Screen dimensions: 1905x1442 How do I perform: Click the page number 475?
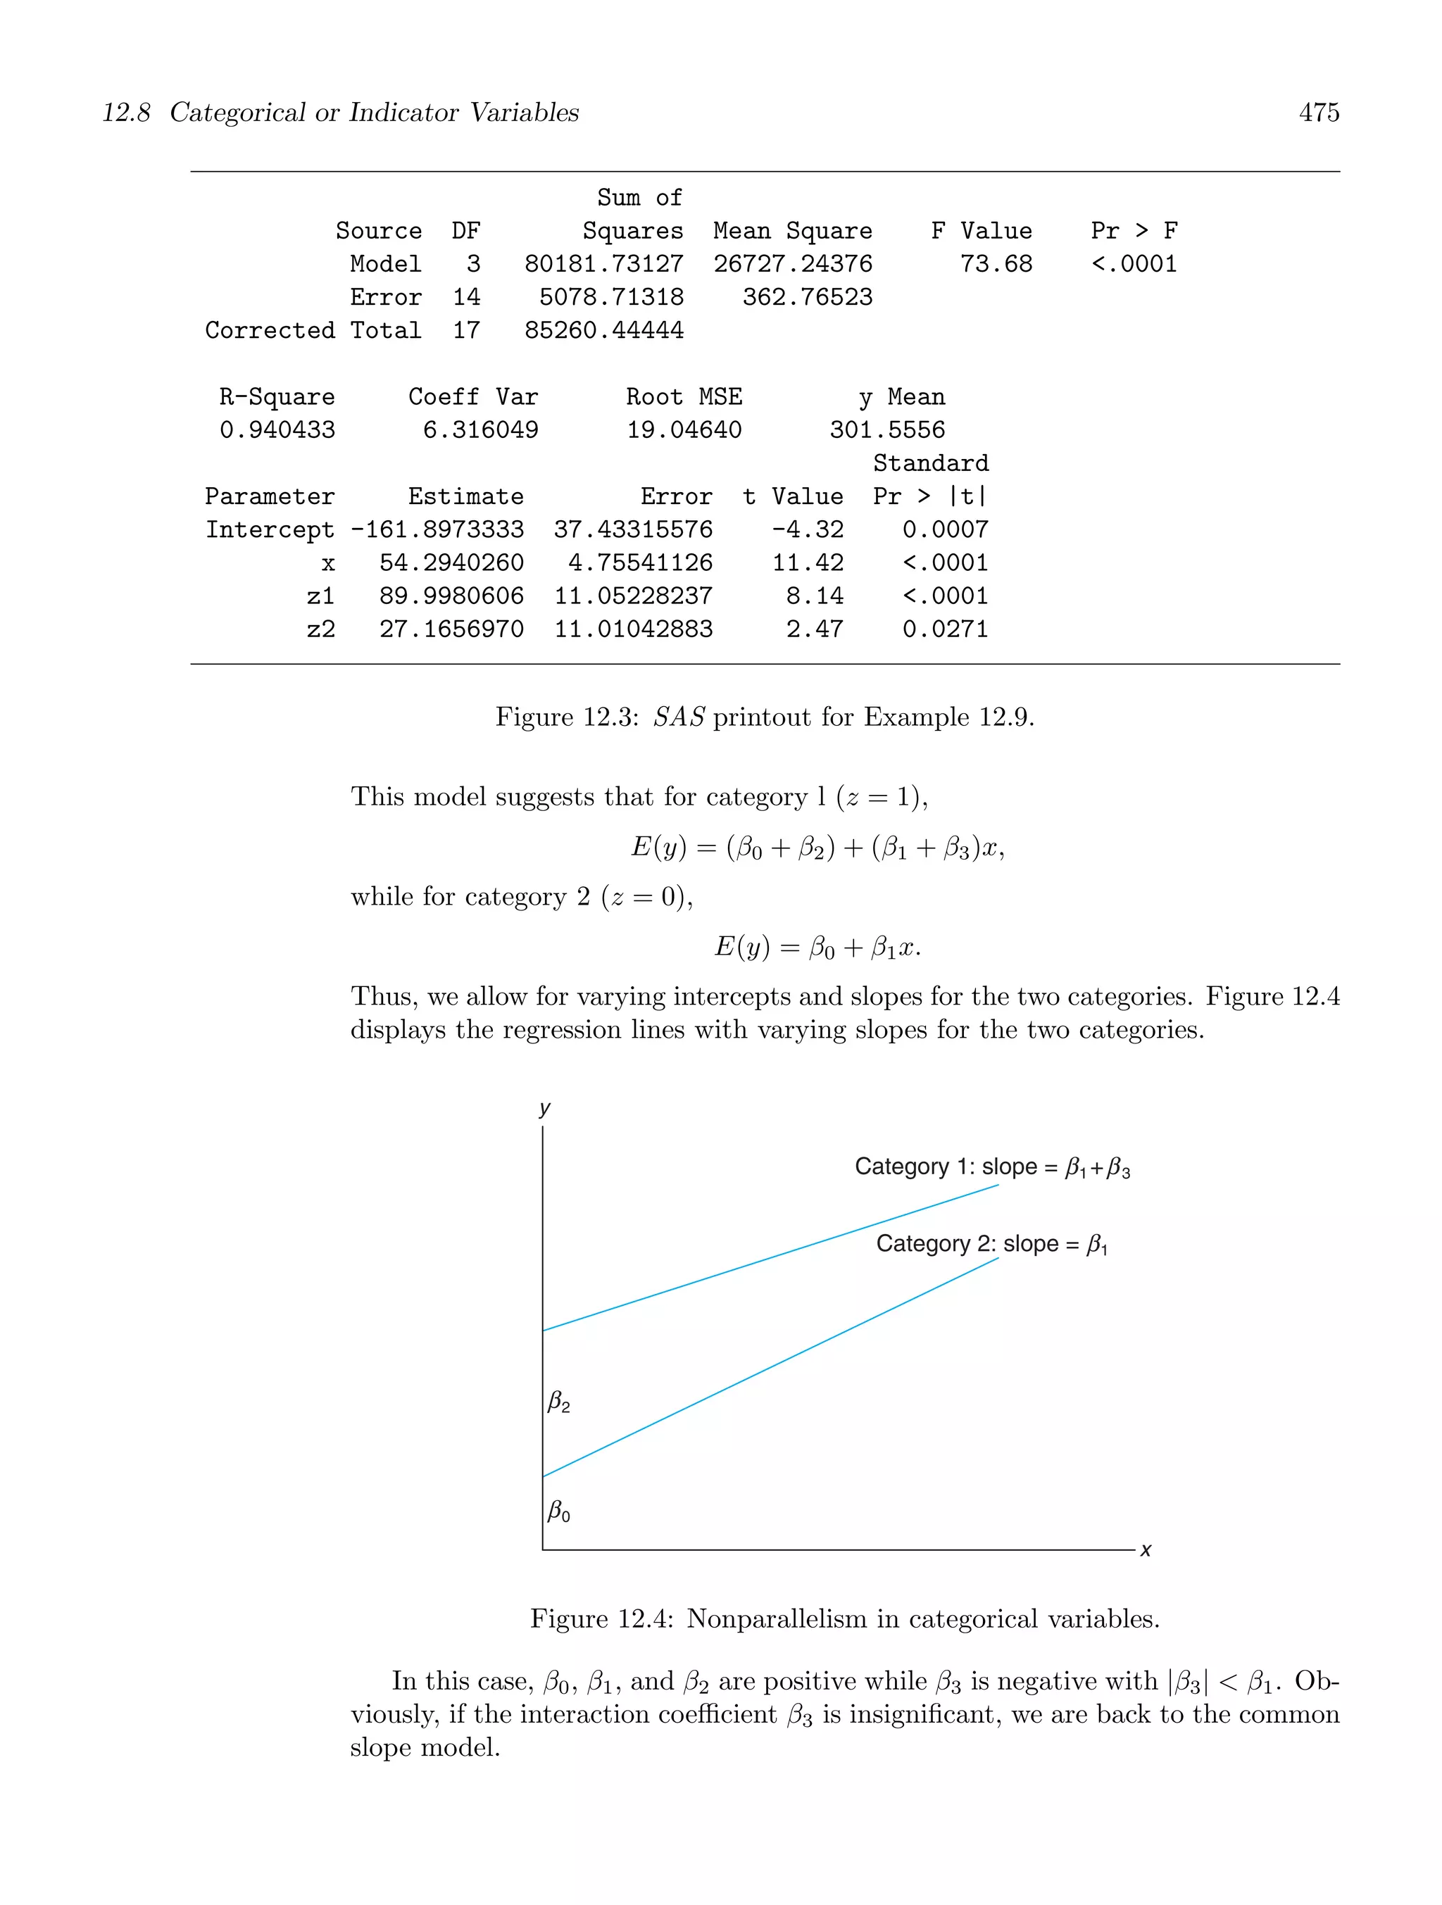coord(1318,113)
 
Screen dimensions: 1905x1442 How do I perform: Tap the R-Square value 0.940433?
coord(277,429)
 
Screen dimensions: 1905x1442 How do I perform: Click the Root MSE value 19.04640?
coord(683,429)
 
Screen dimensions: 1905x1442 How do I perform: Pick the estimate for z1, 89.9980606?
coord(451,596)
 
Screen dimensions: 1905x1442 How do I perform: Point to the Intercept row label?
coord(269,529)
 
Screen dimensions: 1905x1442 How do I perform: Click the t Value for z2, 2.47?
coord(814,629)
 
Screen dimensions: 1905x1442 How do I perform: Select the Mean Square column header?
coord(793,231)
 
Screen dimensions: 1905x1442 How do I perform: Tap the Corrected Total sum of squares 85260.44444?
coord(604,331)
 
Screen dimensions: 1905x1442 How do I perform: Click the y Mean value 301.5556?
coord(886,429)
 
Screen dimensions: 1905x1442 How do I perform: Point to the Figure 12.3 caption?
coord(764,717)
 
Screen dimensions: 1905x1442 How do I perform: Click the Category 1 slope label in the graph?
coord(991,1167)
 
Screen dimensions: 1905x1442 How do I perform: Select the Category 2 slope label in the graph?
coord(991,1245)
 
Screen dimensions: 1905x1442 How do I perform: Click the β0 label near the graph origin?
coord(559,1511)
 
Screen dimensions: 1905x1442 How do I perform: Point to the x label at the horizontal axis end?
coord(1146,1550)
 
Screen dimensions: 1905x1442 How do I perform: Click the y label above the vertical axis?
coord(544,1107)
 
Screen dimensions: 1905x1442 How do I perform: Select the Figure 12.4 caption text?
coord(844,1619)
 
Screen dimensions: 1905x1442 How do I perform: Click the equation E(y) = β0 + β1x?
coord(817,948)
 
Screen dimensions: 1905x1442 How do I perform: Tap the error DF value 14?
coord(466,298)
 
